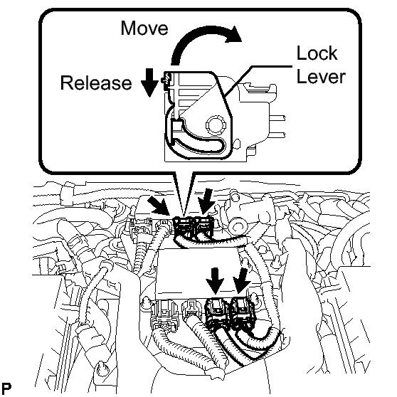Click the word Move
[x=144, y=28]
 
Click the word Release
[x=96, y=83]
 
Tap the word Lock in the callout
[x=317, y=53]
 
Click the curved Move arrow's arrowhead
[x=233, y=34]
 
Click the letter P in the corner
[x=6, y=388]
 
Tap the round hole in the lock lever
[x=214, y=125]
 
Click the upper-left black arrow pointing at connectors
[x=158, y=205]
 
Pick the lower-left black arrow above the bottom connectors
[x=215, y=280]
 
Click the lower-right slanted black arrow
[x=241, y=281]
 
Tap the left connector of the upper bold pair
[x=184, y=228]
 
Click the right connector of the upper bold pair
[x=204, y=226]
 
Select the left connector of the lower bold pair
[x=217, y=312]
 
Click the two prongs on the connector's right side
[x=277, y=126]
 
